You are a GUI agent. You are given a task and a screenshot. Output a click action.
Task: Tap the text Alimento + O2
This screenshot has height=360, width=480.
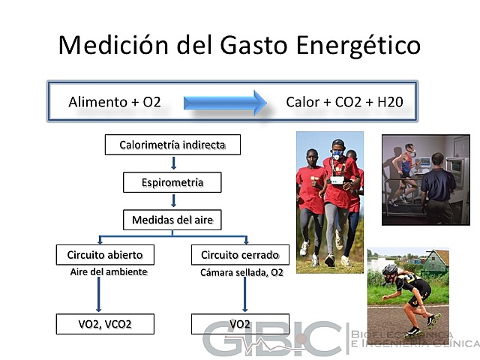pos(115,101)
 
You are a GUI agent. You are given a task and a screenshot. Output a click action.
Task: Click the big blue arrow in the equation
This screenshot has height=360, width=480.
pos(225,101)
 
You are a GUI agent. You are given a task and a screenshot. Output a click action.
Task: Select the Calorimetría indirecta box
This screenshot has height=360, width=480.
pos(172,144)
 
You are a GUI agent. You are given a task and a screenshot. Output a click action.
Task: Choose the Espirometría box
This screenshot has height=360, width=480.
pos(172,182)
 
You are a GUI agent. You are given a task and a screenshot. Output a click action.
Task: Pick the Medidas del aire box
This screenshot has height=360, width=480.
pos(172,220)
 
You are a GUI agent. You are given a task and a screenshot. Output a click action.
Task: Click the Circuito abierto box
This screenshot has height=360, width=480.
pos(100,255)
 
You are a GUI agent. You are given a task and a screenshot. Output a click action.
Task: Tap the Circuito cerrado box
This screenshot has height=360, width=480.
pos(240,255)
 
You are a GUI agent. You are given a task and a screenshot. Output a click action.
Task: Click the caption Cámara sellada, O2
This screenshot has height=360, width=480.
pos(241,273)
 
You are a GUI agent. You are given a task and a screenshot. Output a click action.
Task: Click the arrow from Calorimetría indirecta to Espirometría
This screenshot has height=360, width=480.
pos(173,163)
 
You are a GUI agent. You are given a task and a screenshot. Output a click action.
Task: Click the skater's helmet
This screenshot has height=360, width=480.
pos(389,268)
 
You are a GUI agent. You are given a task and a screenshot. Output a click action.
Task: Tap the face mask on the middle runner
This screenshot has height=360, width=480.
pos(337,154)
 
